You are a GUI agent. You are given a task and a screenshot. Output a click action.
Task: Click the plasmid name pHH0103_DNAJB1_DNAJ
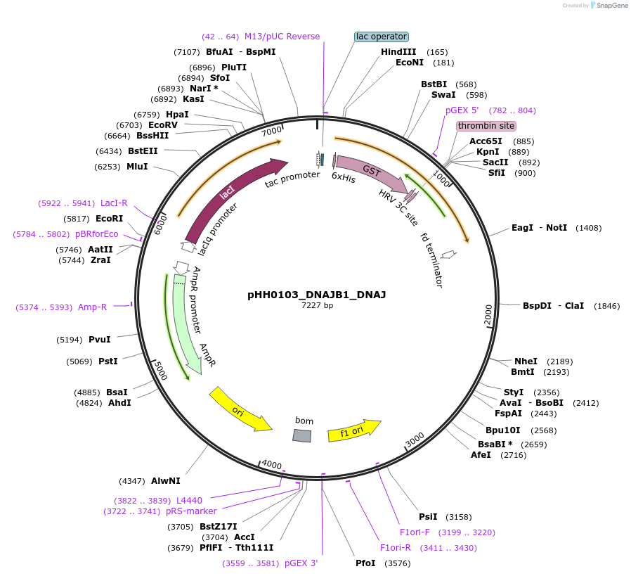[316, 295]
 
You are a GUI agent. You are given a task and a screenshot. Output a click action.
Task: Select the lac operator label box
[382, 37]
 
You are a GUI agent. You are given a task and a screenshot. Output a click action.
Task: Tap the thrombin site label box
[486, 126]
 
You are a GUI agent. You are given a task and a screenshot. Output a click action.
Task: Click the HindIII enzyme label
[398, 52]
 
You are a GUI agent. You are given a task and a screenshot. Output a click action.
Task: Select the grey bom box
[301, 435]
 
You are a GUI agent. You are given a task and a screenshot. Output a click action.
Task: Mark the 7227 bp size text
[317, 306]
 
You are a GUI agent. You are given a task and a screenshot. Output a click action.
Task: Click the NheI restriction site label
[526, 361]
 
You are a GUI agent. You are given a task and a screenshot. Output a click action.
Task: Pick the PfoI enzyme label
[365, 563]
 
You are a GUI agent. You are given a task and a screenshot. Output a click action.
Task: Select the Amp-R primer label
[92, 307]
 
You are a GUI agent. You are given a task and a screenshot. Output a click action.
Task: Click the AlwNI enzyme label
[166, 481]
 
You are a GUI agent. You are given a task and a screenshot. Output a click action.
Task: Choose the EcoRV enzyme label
[162, 125]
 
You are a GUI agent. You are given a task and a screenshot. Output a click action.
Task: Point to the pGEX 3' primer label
[301, 563]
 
